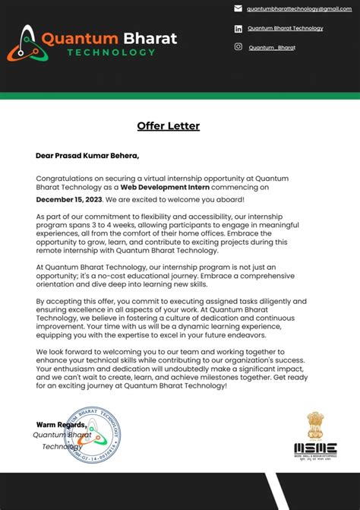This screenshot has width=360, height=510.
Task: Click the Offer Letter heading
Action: (169, 126)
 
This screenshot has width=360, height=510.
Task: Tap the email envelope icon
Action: (238, 9)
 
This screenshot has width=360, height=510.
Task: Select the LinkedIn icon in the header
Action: (238, 29)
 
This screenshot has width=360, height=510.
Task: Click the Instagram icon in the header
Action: (238, 47)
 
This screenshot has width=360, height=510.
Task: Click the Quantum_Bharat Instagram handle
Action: (272, 48)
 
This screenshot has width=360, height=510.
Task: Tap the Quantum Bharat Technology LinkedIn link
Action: (285, 29)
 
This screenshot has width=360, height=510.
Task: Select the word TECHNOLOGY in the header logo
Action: (111, 52)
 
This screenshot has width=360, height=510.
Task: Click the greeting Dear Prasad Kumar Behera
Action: (87, 156)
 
